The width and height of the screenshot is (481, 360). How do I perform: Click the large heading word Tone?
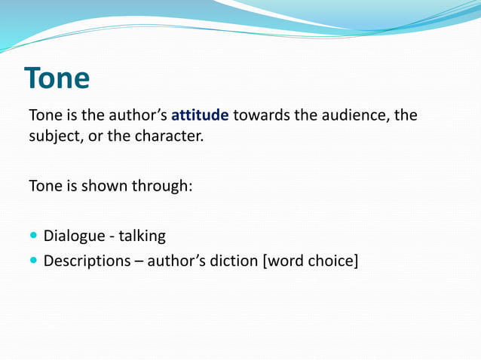pyautogui.click(x=57, y=78)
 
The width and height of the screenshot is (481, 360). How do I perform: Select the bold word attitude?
pyautogui.click(x=200, y=117)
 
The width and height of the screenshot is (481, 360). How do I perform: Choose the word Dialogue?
pyautogui.click(x=74, y=236)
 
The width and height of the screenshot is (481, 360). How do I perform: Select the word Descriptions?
pyautogui.click(x=87, y=262)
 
